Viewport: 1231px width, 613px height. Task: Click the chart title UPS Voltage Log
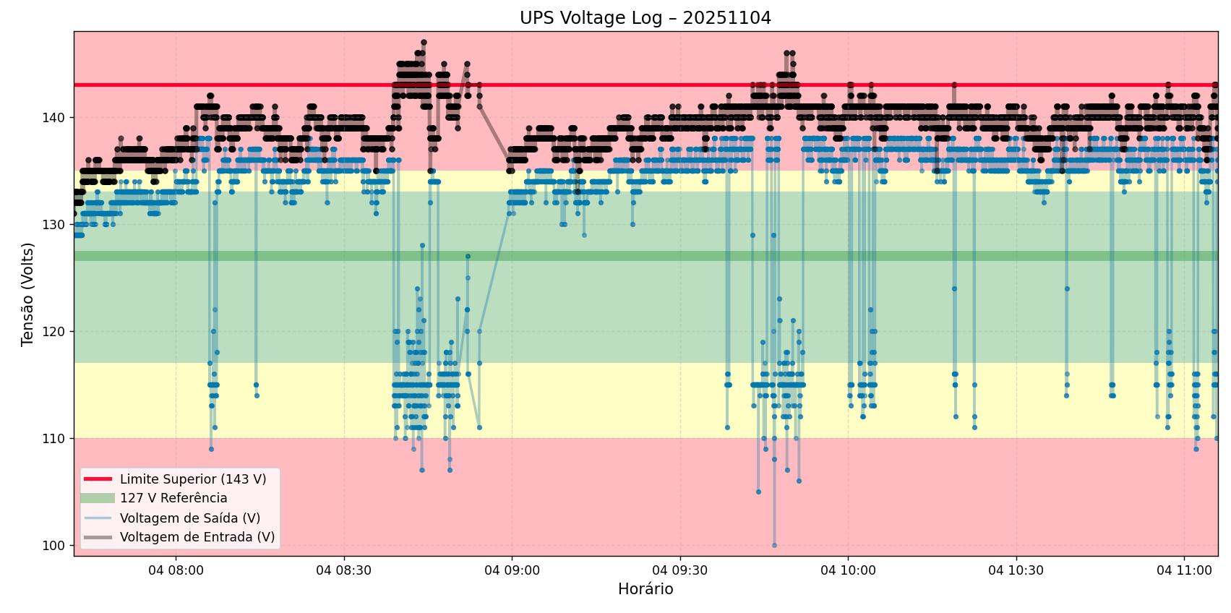(x=645, y=18)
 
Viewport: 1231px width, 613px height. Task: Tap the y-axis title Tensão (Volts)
(x=28, y=294)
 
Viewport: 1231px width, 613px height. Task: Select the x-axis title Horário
(x=645, y=589)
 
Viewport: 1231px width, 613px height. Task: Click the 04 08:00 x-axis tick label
(x=176, y=570)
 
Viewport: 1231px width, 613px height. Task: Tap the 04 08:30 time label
(x=344, y=570)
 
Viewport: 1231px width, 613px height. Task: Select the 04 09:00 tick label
(x=512, y=570)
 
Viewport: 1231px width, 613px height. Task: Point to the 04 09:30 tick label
(x=680, y=570)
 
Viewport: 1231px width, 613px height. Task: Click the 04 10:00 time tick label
(x=848, y=570)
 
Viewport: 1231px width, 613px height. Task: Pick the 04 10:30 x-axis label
(x=1016, y=570)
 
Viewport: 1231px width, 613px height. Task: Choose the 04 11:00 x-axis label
(x=1184, y=570)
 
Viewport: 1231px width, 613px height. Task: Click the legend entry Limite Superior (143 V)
(x=193, y=479)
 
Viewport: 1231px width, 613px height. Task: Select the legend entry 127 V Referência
(x=173, y=498)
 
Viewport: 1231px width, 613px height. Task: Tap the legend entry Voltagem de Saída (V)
(x=190, y=518)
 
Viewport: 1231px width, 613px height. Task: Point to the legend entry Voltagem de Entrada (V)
(x=197, y=537)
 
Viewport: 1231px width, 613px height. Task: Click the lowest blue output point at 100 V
(x=774, y=545)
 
